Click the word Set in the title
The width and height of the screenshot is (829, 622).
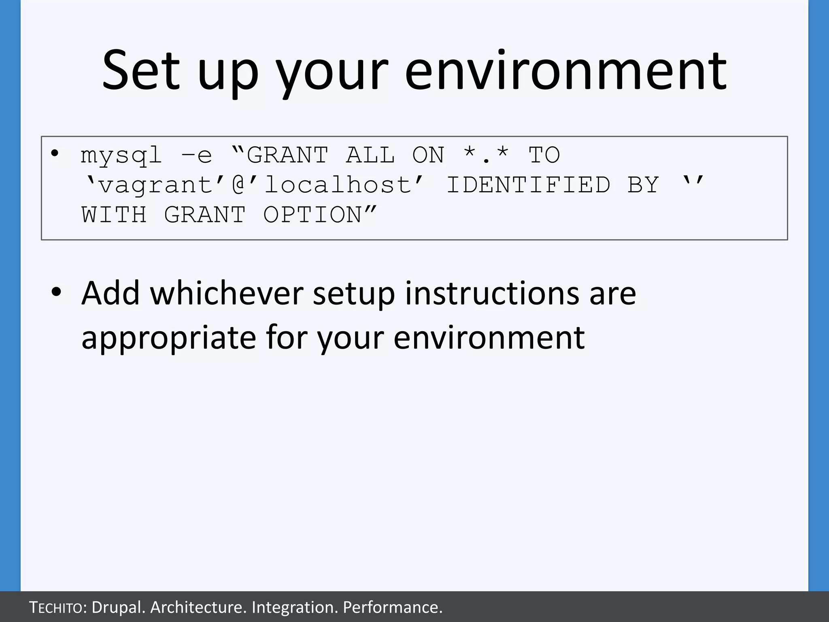click(x=140, y=71)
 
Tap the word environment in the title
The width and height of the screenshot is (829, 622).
click(x=565, y=71)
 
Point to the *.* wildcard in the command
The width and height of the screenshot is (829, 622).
click(x=486, y=155)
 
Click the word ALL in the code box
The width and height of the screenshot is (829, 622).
click(x=370, y=155)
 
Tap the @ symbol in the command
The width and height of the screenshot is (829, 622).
click(x=239, y=185)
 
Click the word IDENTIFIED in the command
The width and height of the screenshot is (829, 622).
click(x=528, y=185)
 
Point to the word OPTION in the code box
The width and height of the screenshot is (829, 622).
click(x=312, y=215)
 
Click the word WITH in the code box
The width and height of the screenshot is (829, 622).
click(x=114, y=215)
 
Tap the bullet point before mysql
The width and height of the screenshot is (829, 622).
click(x=55, y=154)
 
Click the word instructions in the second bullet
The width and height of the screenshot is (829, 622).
click(x=492, y=293)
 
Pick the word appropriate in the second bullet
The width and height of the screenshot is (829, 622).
click(x=168, y=337)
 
